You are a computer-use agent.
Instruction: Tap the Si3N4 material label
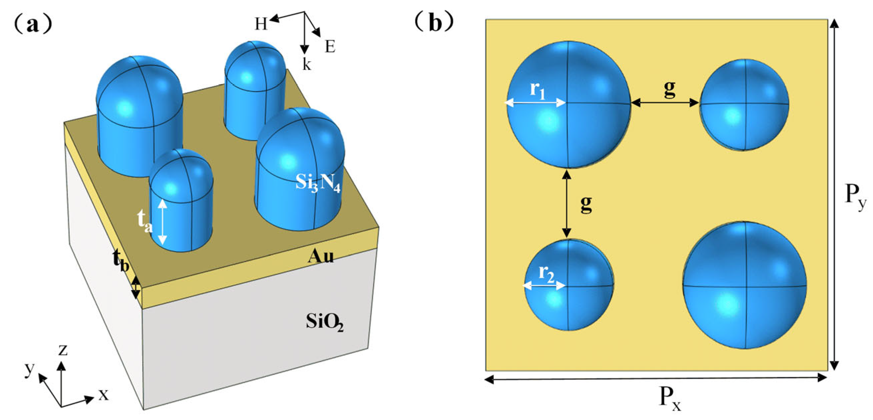click(317, 183)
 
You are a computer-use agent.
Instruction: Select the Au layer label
click(320, 257)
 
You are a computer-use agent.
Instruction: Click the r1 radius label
click(538, 91)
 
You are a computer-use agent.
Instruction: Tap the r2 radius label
click(546, 274)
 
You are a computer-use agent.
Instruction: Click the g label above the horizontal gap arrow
click(669, 89)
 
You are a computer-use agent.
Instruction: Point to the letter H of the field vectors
click(261, 24)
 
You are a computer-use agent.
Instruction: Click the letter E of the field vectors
click(330, 47)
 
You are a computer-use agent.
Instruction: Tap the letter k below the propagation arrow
click(306, 65)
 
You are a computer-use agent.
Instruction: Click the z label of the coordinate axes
click(63, 350)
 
